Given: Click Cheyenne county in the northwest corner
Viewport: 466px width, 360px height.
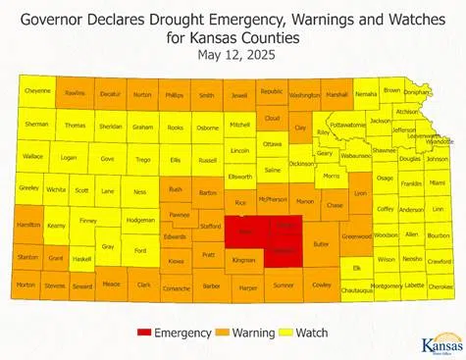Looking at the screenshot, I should pos(37,91).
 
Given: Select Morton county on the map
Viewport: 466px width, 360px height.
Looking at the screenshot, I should pos(26,285).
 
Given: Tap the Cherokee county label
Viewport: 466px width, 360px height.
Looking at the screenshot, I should pos(440,285).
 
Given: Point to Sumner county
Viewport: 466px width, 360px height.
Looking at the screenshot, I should pos(285,285).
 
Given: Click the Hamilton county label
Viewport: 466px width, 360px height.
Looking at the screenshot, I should pos(27,225).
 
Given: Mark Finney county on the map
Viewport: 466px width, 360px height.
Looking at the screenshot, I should pos(87,222).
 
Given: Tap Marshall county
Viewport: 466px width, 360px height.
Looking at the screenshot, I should pos(337,94).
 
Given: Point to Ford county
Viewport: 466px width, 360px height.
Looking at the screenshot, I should pos(140,250).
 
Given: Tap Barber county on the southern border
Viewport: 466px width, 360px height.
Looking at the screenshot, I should pos(211,285).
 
